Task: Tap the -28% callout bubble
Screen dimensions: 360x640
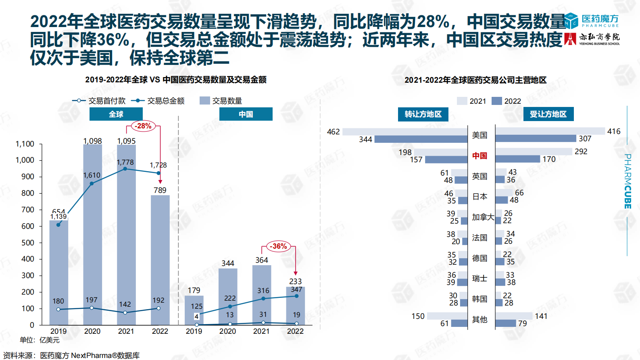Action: (x=143, y=126)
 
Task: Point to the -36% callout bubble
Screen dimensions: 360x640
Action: (x=279, y=246)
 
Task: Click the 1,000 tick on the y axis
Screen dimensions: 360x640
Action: (x=25, y=160)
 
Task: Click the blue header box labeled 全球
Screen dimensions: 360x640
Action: (x=116, y=114)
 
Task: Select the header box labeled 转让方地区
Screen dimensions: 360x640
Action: (x=423, y=114)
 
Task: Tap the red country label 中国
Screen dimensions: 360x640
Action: (x=480, y=156)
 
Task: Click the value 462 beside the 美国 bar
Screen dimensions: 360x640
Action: (x=333, y=132)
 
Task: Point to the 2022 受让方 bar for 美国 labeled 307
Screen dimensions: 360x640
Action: (x=536, y=139)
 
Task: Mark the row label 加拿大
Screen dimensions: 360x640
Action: (x=483, y=217)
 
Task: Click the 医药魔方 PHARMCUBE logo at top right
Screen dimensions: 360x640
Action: (x=592, y=21)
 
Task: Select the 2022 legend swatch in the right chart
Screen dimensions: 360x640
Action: (x=497, y=101)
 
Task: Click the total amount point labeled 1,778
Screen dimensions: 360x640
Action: (x=125, y=169)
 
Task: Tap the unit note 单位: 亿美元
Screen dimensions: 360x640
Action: (x=40, y=340)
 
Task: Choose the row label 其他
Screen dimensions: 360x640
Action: (x=480, y=320)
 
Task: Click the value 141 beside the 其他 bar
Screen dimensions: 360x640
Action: (x=541, y=316)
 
